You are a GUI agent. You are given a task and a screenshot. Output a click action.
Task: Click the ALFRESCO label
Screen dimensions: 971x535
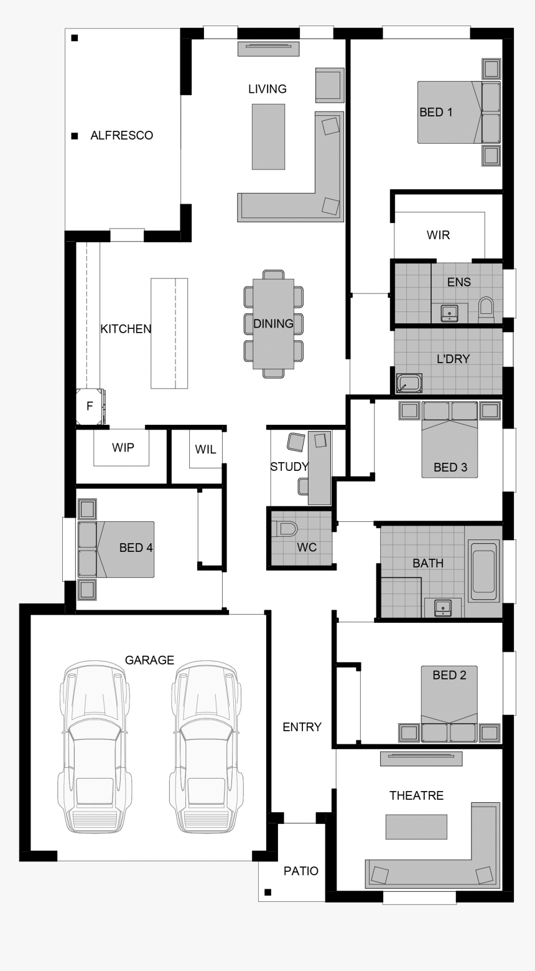pyautogui.click(x=121, y=136)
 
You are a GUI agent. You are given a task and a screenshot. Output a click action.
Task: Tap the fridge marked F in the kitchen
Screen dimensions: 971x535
pyautogui.click(x=90, y=407)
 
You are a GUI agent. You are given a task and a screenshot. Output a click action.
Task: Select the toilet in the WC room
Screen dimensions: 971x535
pyautogui.click(x=287, y=529)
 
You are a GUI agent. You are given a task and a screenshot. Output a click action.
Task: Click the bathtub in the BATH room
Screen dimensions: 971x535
pyautogui.click(x=483, y=571)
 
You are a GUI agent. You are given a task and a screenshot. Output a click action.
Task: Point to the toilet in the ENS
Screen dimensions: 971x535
pyautogui.click(x=486, y=309)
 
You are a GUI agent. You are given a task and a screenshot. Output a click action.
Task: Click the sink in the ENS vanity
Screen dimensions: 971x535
pyautogui.click(x=449, y=312)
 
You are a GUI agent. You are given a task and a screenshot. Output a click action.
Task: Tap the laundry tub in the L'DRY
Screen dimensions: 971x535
pyautogui.click(x=409, y=383)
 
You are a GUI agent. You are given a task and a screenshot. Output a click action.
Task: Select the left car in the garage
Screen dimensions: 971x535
pyautogui.click(x=95, y=748)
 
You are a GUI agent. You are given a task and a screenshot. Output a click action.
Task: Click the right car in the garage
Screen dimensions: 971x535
pyautogui.click(x=206, y=748)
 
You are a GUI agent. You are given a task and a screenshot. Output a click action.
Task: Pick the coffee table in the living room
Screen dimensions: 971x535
pyautogui.click(x=268, y=136)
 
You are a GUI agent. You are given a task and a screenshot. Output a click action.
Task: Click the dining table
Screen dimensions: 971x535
pyautogui.click(x=273, y=323)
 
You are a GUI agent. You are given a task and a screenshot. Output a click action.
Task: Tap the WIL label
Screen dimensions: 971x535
pyautogui.click(x=205, y=449)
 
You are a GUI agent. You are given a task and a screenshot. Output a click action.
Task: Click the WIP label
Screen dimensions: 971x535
pyautogui.click(x=123, y=447)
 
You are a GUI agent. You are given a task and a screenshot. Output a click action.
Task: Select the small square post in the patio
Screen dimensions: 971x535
pyautogui.click(x=268, y=892)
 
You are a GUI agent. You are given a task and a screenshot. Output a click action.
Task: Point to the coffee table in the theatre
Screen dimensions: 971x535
pyautogui.click(x=416, y=827)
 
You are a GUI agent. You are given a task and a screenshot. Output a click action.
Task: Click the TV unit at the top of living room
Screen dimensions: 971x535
pyautogui.click(x=269, y=48)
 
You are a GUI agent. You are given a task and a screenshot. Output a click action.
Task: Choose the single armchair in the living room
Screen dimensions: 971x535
pyautogui.click(x=329, y=85)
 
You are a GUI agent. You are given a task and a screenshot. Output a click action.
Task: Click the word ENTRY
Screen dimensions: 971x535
pyautogui.click(x=302, y=727)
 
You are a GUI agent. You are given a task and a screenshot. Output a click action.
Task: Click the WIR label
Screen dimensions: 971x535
pyautogui.click(x=438, y=235)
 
